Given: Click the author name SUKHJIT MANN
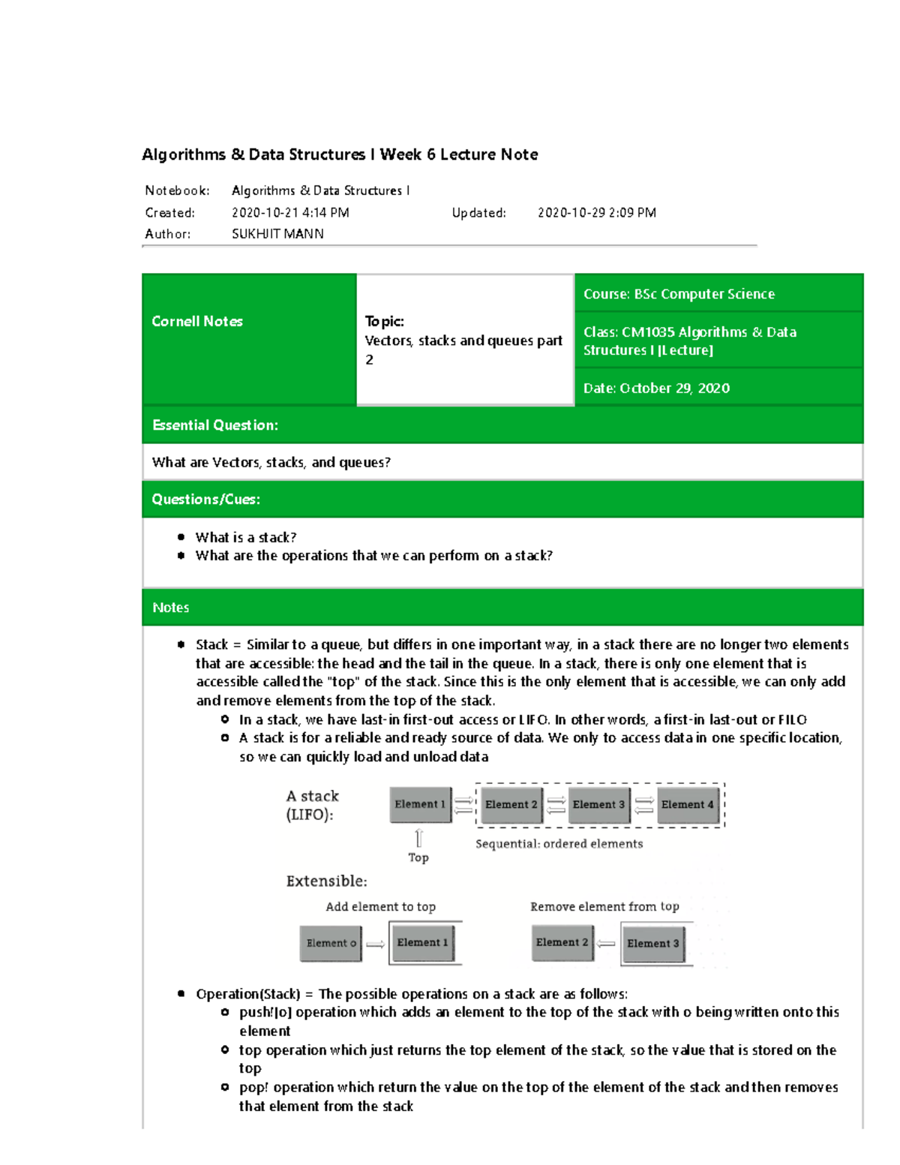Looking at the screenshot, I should click(277, 234).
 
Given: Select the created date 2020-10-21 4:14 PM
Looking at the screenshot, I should click(290, 213).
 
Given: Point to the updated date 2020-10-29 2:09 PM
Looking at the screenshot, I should click(596, 213).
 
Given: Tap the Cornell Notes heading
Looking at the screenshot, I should click(197, 322).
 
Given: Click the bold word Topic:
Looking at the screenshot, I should click(384, 322).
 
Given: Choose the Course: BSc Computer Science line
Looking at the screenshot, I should click(679, 294).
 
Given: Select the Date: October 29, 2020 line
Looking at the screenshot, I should click(656, 388).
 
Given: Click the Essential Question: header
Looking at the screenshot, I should click(215, 425).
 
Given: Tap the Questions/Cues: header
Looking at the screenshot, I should click(206, 500).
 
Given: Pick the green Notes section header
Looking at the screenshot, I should click(171, 608).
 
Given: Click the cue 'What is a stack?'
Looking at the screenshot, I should click(246, 538).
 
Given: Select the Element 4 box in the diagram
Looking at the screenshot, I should click(687, 805).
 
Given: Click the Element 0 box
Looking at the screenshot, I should click(331, 944).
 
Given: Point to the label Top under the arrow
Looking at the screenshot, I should click(418, 857).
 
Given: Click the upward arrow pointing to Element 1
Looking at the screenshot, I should click(418, 838).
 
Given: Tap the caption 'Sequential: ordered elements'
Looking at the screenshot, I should click(559, 844).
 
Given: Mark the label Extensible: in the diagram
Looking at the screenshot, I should click(326, 881).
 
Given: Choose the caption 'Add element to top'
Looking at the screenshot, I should click(380, 907).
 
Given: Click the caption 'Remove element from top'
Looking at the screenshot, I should click(604, 907).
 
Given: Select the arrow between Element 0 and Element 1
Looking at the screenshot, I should click(375, 944).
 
